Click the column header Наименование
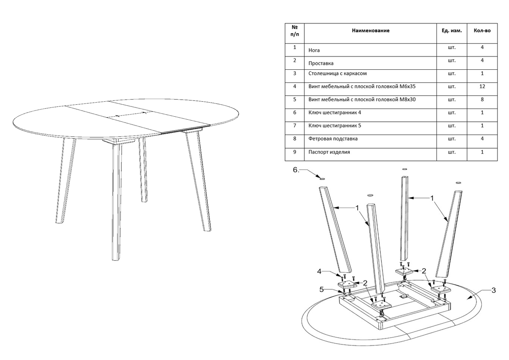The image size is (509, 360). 371,31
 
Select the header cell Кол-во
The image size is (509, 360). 482,31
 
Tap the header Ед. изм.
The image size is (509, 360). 451,31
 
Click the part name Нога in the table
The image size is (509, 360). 314,50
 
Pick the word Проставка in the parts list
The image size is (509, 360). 321,63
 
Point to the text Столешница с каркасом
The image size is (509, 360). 337,74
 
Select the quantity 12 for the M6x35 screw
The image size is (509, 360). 482,86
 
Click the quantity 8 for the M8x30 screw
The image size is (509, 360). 482,100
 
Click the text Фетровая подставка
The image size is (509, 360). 333,139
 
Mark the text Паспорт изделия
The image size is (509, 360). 329,152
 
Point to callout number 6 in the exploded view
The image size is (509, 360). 296,170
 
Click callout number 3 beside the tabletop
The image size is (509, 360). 493,291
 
